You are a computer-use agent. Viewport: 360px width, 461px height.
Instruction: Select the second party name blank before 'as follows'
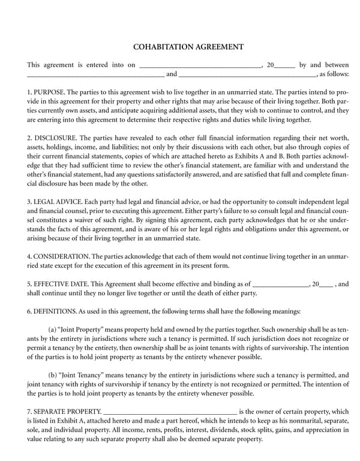point(247,75)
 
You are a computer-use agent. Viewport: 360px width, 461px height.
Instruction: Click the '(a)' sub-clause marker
point(52,330)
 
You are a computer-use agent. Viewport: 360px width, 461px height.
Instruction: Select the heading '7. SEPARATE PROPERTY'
point(64,412)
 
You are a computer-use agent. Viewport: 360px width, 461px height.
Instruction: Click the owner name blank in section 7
point(170,412)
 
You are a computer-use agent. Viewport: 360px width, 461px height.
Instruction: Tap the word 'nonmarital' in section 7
point(308,421)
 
